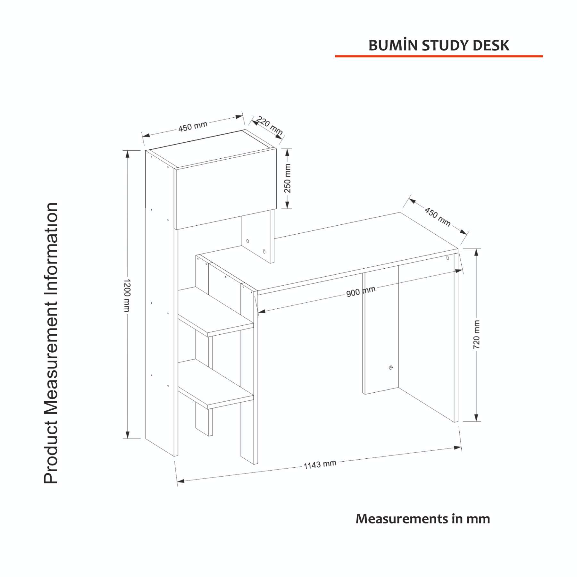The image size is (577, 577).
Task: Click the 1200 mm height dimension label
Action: point(127,295)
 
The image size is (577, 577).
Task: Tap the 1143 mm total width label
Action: point(320,464)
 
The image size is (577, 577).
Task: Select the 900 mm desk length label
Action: point(361,291)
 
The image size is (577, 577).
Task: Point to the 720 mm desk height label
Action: point(477,334)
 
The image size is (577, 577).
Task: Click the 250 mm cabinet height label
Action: point(288,178)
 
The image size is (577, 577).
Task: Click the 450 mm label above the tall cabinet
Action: point(193,126)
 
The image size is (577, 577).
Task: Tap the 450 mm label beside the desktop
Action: point(437,216)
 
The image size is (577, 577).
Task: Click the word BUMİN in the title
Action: point(393,46)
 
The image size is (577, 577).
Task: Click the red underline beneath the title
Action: point(439,56)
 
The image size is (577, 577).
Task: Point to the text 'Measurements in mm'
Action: point(423,519)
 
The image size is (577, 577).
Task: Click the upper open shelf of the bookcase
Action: point(215,311)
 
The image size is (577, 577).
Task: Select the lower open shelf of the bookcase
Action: point(215,384)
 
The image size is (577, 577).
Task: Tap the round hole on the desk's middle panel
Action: point(390,368)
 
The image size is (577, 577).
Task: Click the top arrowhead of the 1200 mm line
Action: point(127,154)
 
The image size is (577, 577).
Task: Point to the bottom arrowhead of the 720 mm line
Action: point(476,417)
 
